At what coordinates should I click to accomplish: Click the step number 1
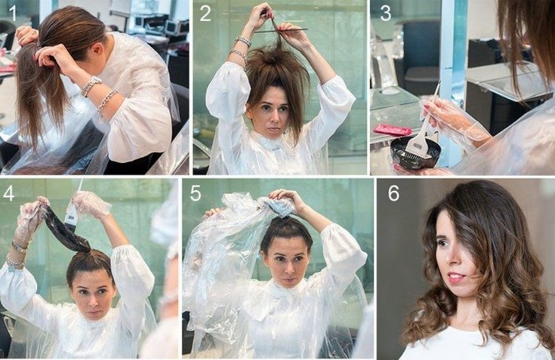coord(12,13)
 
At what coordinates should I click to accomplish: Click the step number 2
coord(205,14)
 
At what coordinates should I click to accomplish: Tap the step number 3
coord(385,13)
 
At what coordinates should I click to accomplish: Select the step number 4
coord(10,192)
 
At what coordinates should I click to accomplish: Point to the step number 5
coord(196,192)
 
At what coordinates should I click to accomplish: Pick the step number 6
coord(393,192)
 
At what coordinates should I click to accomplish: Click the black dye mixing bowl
coord(415,152)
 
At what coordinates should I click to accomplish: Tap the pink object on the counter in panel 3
coord(393,129)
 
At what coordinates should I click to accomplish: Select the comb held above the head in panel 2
coord(281,30)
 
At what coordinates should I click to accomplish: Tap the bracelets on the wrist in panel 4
coord(16,252)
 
